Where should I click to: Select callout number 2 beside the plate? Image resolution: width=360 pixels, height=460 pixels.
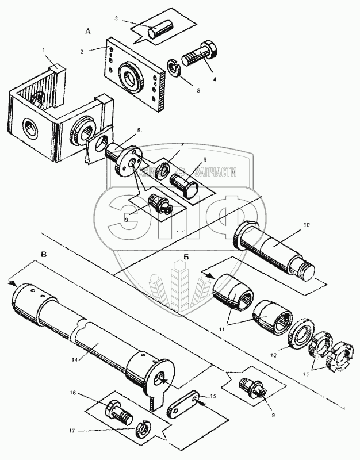click(82, 51)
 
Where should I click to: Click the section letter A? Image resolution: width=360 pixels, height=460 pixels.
click(87, 29)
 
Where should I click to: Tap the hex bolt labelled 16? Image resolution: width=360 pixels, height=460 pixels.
click(119, 411)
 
